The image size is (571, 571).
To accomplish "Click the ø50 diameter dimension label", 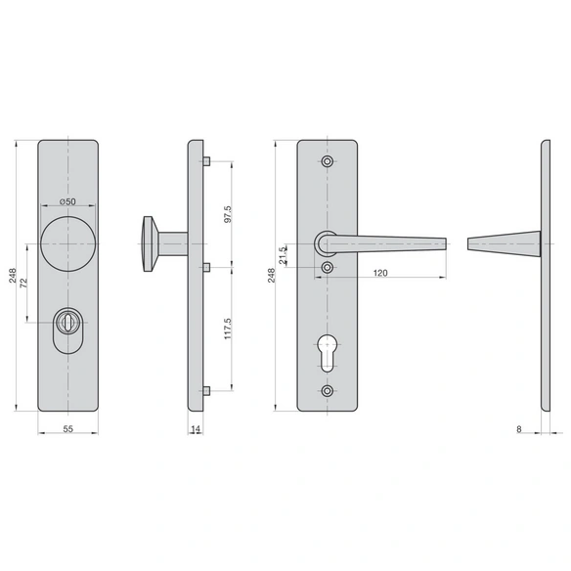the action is (x=67, y=201).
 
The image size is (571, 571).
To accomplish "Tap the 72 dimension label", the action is (x=23, y=283).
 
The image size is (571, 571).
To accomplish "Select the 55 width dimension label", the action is (x=68, y=429).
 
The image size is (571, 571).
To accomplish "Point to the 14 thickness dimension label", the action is (x=196, y=429).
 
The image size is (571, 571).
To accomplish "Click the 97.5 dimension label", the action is (x=228, y=214).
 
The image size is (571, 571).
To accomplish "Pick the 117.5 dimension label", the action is (x=228, y=329).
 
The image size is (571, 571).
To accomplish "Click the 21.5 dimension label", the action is (x=283, y=255).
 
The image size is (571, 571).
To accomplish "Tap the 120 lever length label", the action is (x=380, y=273).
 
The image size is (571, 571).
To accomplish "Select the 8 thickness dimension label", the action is (x=519, y=429).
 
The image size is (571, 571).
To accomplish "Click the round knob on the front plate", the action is (x=68, y=243).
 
